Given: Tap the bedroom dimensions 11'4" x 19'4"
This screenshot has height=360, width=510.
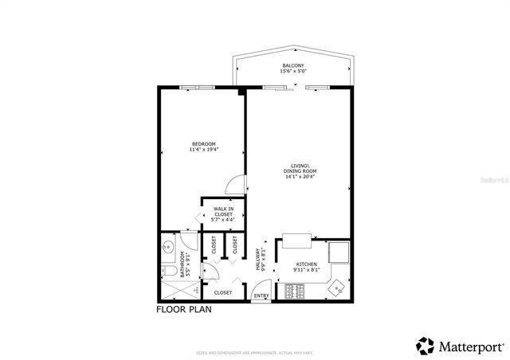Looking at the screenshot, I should point(204,149).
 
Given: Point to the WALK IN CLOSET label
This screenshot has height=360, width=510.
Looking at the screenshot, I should point(223,211).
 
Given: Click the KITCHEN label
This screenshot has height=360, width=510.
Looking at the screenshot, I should point(307,264).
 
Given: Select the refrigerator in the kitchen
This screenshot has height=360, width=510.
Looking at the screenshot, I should point(339,252).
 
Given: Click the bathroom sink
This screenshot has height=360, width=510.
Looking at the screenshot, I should point(167,247).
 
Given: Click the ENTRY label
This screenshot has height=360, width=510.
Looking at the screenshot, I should point(261,297).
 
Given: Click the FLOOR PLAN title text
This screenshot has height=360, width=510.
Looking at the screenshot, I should point(184,309).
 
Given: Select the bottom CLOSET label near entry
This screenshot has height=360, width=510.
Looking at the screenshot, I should point(223,292).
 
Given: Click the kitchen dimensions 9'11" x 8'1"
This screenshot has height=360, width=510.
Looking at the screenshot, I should point(307,270).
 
